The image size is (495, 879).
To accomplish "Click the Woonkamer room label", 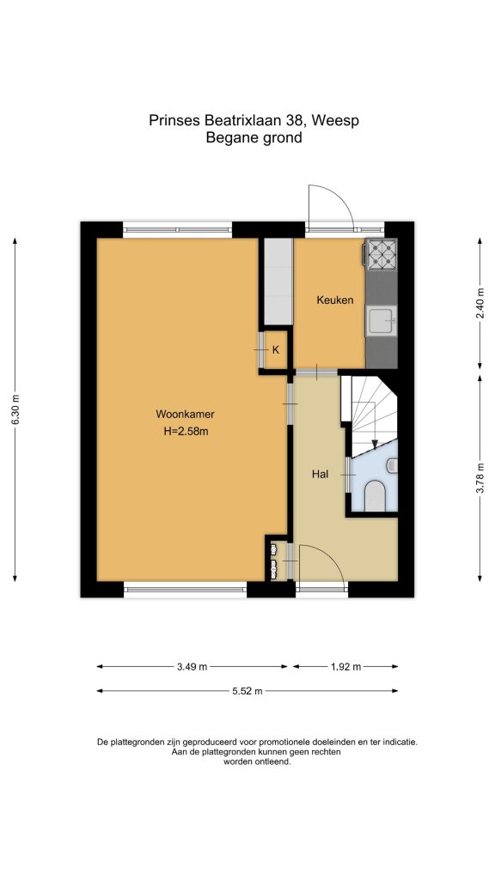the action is pyautogui.click(x=186, y=415).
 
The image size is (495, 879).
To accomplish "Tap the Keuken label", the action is pyautogui.click(x=335, y=300).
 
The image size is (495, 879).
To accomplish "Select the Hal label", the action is pyautogui.click(x=320, y=474).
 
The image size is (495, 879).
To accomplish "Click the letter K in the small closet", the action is pyautogui.click(x=276, y=350).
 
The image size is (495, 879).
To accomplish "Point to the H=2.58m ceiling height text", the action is pyautogui.click(x=186, y=431).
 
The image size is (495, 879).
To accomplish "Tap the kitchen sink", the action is pyautogui.click(x=382, y=321).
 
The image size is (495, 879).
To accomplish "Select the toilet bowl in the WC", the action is pyautogui.click(x=374, y=496).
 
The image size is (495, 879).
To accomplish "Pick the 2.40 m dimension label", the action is pyautogui.click(x=480, y=303).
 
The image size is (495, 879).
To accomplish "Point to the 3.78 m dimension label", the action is pyautogui.click(x=480, y=478).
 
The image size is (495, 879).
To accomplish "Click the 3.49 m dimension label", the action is pyautogui.click(x=192, y=667).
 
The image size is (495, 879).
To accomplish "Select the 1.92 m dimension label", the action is pyautogui.click(x=345, y=667).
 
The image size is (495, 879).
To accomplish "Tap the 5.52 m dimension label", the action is pyautogui.click(x=247, y=691).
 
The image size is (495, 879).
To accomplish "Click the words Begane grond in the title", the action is pyautogui.click(x=254, y=138).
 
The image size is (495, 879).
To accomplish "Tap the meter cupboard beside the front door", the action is pyautogui.click(x=275, y=561).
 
